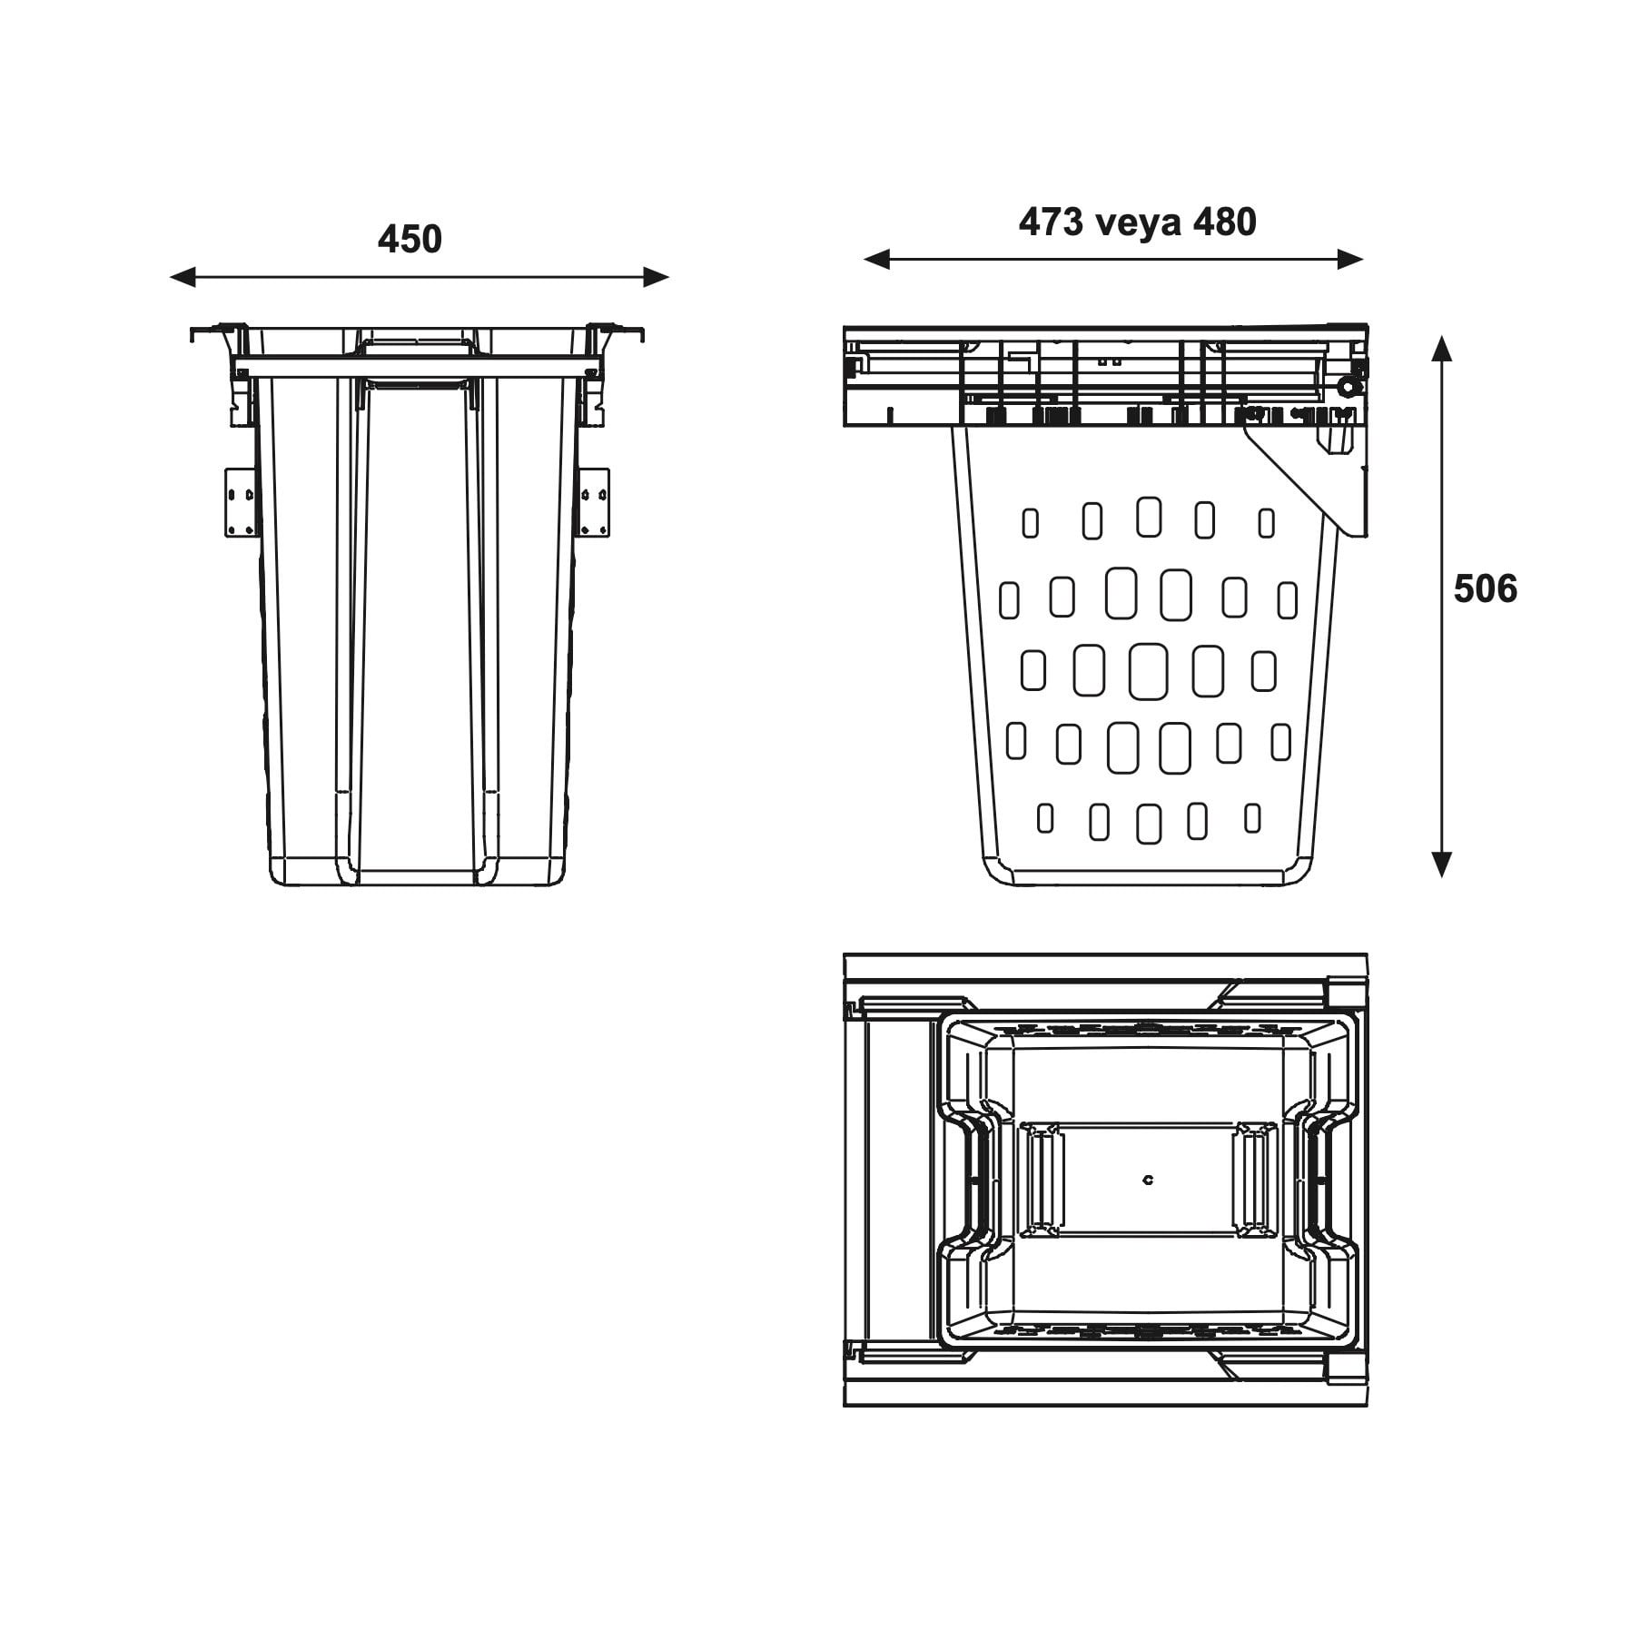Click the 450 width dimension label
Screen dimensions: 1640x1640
[x=410, y=239]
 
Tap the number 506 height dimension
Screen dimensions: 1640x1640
[x=1485, y=589]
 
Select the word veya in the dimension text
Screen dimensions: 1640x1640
[x=1137, y=222]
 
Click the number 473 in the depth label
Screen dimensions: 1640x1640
[x=1051, y=222]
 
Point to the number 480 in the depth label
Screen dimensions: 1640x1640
[x=1224, y=222]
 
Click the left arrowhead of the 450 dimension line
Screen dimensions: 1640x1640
[x=183, y=277]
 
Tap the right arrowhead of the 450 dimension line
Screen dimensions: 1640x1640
[x=657, y=277]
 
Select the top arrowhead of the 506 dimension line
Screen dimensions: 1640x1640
[x=1441, y=349]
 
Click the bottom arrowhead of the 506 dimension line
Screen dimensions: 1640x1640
[x=1441, y=864]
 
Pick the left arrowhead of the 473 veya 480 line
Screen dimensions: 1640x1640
[x=876, y=260]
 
